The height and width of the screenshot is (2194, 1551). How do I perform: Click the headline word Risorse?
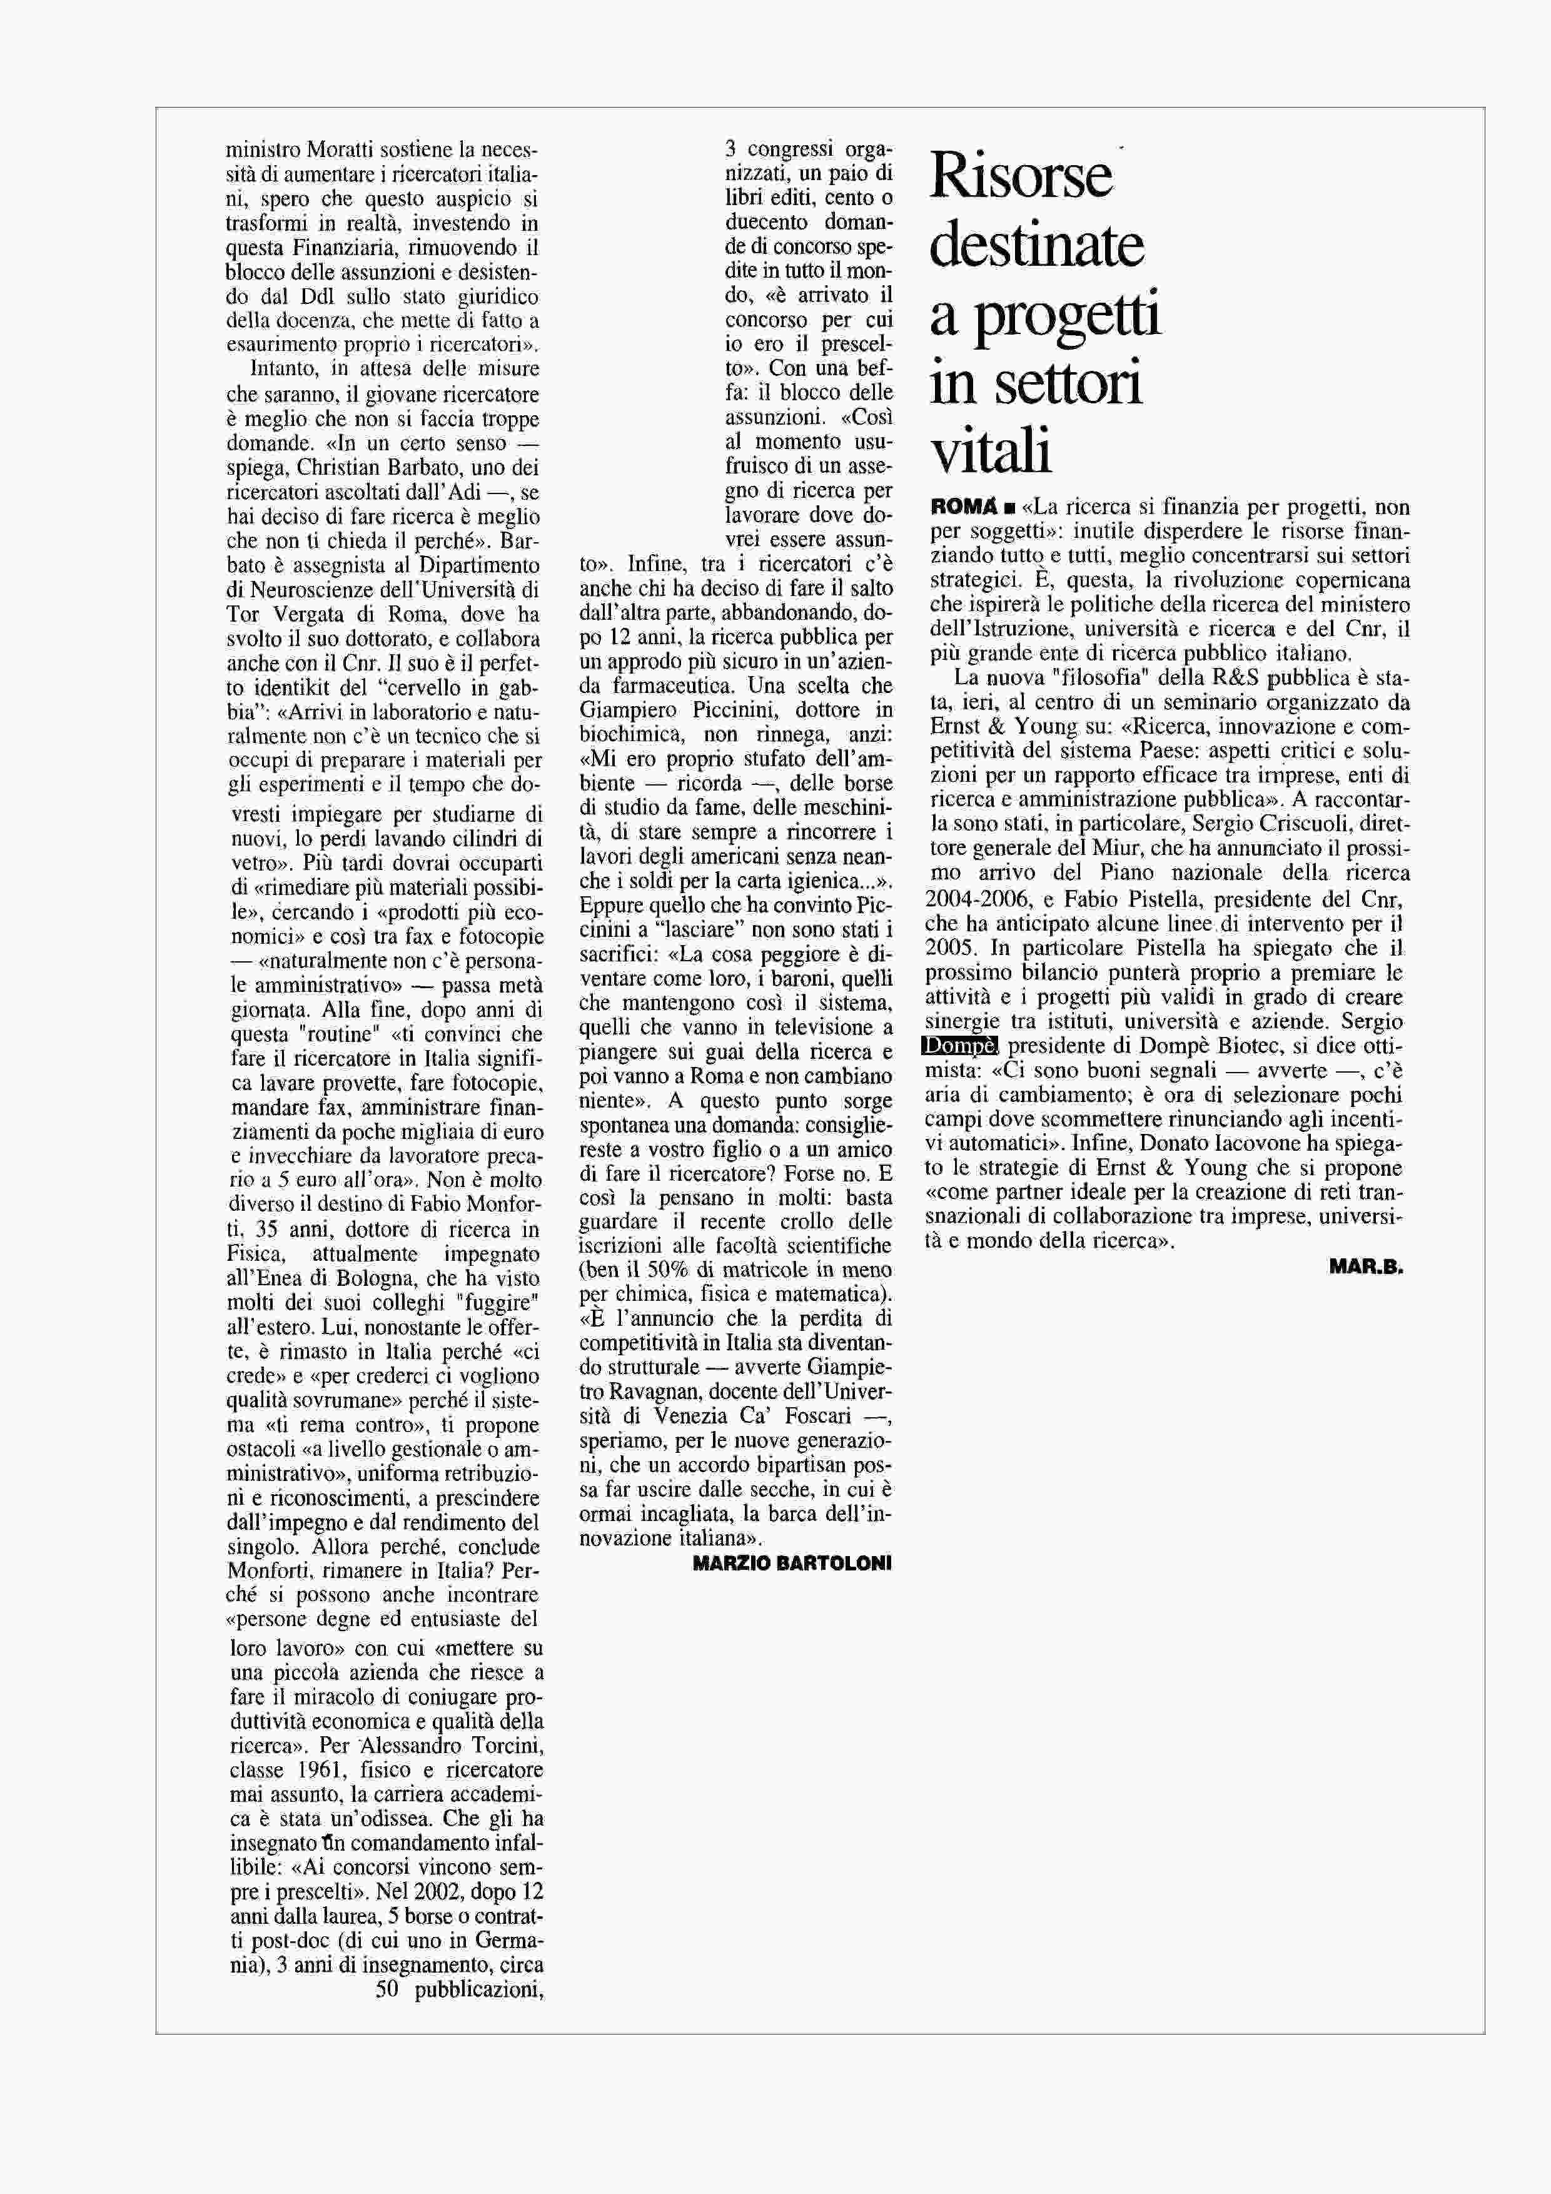tap(1021, 177)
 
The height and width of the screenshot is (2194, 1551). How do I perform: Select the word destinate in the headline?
tap(1036, 246)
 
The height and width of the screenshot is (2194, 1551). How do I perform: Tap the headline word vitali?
tap(991, 452)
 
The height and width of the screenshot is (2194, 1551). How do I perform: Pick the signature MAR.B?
tap(1365, 1268)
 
